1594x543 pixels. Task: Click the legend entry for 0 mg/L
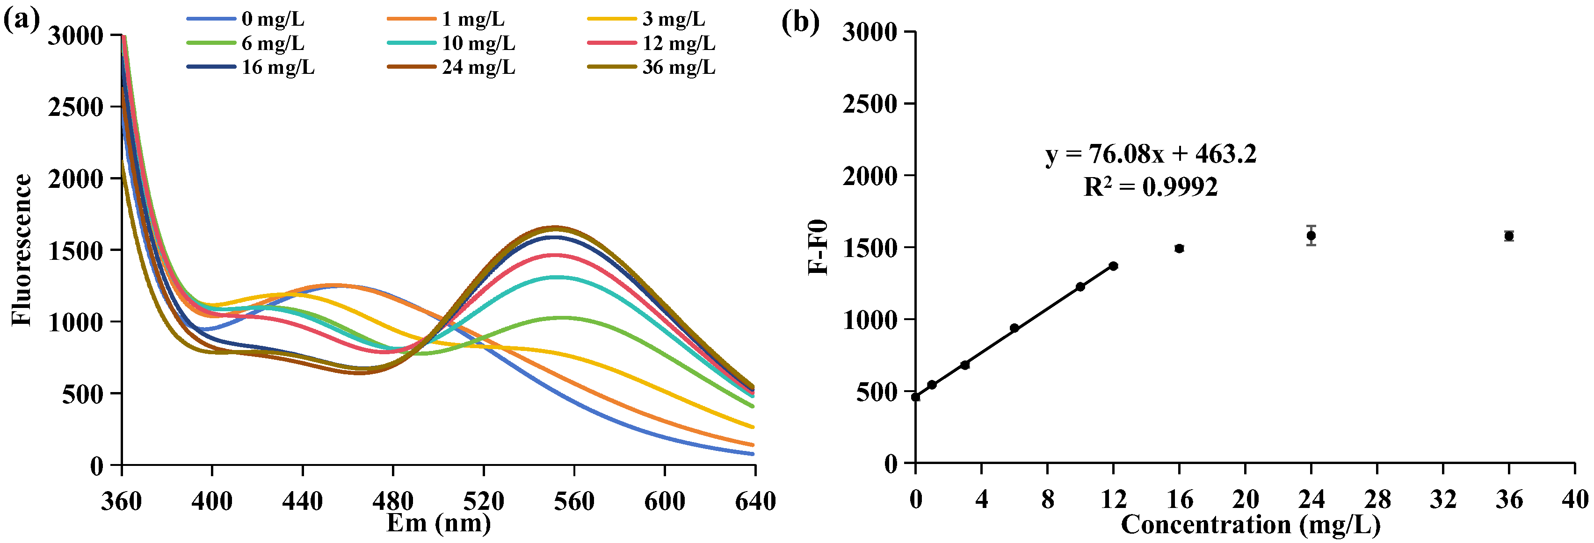click(x=272, y=19)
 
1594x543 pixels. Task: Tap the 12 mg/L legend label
click(x=678, y=43)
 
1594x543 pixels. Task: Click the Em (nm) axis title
click(x=438, y=523)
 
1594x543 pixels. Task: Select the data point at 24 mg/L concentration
click(x=1311, y=236)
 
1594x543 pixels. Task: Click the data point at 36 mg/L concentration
click(x=1508, y=236)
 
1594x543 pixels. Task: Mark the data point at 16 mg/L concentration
click(x=1179, y=249)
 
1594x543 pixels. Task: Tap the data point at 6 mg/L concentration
click(x=1014, y=328)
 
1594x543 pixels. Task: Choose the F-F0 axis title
click(x=818, y=247)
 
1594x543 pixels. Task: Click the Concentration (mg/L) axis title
click(x=1250, y=524)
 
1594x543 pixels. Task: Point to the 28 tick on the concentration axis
click(x=1377, y=499)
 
